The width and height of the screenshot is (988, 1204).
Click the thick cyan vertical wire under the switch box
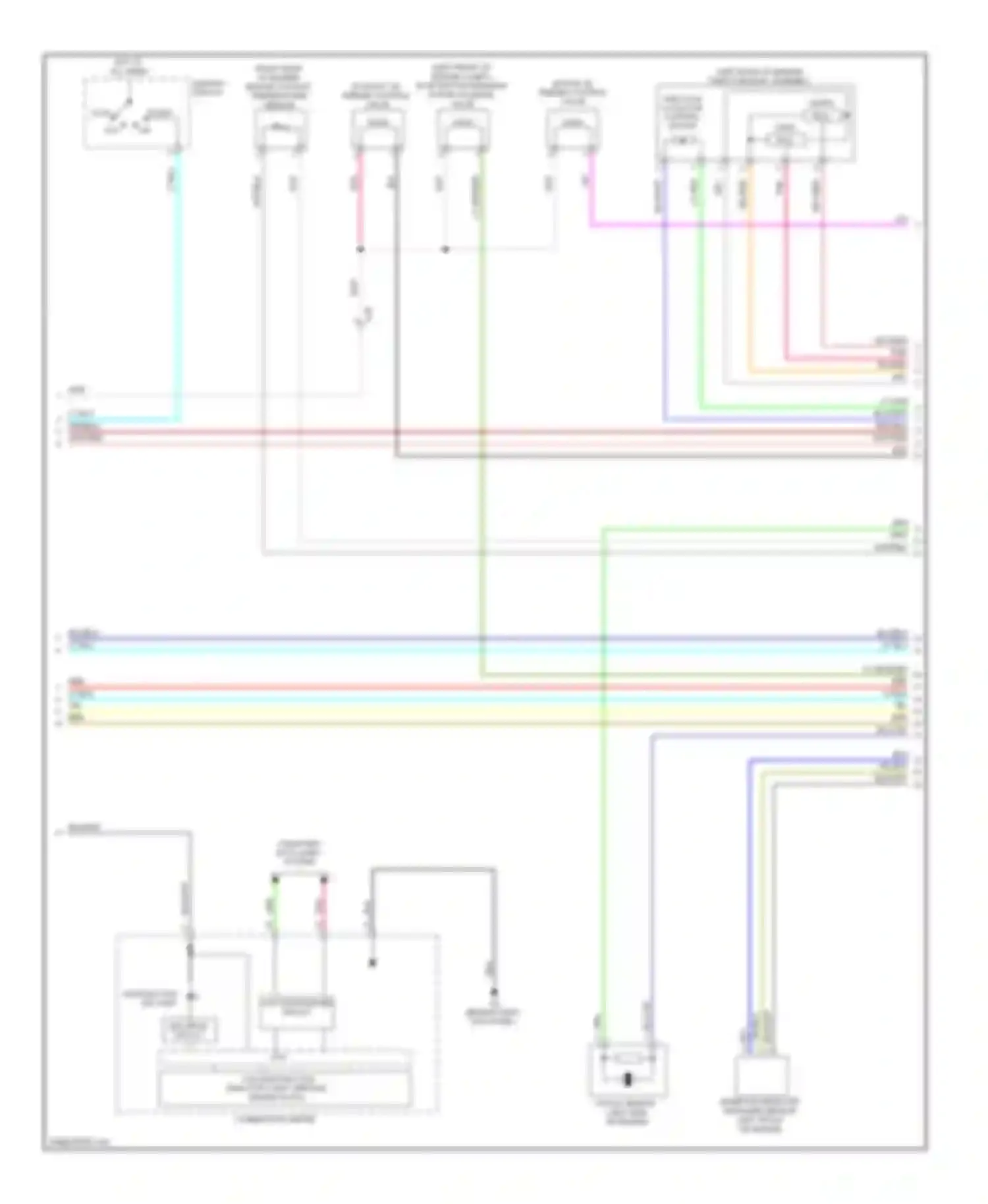coord(178,283)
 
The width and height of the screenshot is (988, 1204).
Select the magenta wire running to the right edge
coord(725,225)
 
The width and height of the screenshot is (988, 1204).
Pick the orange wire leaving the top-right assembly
coord(750,277)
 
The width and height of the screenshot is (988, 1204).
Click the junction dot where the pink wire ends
coord(360,250)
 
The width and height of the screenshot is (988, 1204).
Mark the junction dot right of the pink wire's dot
coord(445,250)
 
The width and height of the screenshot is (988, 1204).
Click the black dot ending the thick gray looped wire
coord(493,993)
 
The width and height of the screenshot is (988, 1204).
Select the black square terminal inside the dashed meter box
coord(372,963)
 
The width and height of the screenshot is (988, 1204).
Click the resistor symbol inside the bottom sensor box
coord(628,1059)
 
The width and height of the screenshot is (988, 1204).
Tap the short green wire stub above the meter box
coord(275,906)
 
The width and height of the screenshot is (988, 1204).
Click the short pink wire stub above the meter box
coord(324,906)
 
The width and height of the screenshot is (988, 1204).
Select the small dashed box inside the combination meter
coord(190,1029)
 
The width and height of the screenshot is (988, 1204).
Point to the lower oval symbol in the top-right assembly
coord(784,140)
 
